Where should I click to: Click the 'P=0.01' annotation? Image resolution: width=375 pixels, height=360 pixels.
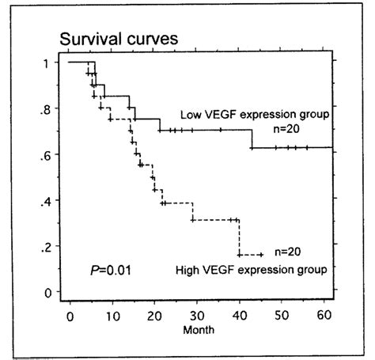coord(111,271)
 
